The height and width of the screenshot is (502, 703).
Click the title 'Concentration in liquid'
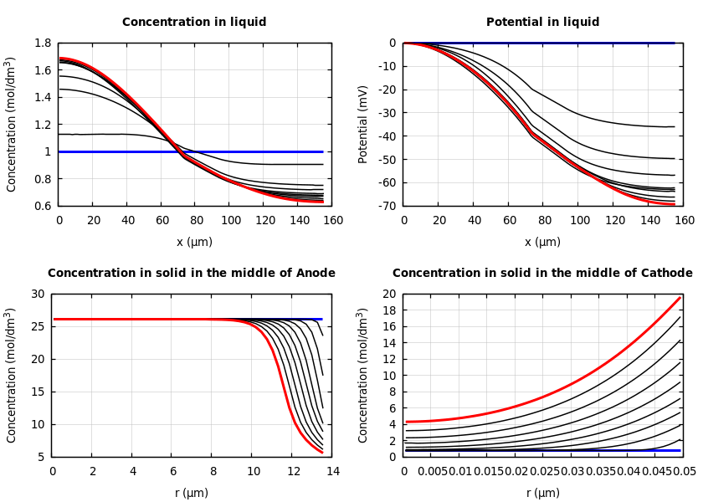tap(194, 23)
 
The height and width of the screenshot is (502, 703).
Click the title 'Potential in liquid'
tap(542, 23)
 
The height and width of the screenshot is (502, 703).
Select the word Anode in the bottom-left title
tap(315, 274)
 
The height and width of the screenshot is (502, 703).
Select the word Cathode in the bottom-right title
tap(666, 274)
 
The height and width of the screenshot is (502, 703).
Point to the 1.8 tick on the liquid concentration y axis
tap(42, 43)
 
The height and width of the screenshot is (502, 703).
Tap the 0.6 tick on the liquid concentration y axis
tap(42, 206)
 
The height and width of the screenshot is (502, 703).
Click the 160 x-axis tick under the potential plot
tap(684, 221)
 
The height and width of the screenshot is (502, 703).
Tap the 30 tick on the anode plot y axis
tap(37, 294)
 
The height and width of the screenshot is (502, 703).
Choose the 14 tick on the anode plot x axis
tap(332, 472)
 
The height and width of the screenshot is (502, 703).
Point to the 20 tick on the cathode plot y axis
tap(388, 294)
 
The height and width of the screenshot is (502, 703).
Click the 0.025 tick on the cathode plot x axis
tap(544, 472)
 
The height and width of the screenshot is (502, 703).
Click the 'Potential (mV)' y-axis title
tap(363, 124)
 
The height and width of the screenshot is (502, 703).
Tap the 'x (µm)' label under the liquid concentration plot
tap(194, 242)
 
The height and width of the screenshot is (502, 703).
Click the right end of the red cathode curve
tap(680, 297)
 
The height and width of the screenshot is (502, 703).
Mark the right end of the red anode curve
tap(322, 453)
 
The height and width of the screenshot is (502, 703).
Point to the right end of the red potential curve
tap(675, 203)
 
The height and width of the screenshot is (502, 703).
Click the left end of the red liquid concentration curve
tap(59, 59)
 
